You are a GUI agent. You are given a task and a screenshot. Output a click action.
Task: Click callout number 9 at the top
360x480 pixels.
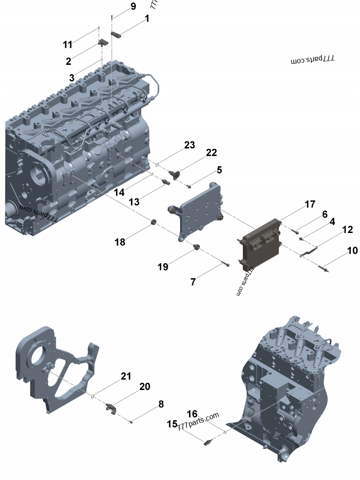[133, 6]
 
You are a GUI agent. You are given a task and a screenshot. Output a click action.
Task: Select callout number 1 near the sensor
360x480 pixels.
[147, 19]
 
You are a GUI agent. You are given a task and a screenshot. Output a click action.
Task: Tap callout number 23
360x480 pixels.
[189, 145]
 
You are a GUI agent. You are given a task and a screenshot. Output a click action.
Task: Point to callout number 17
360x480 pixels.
[310, 205]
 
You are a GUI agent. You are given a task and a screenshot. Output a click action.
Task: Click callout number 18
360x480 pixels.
[120, 242]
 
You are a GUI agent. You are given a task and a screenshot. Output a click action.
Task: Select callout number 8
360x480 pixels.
[161, 404]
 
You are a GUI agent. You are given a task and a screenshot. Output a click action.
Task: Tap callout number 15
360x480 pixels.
[172, 424]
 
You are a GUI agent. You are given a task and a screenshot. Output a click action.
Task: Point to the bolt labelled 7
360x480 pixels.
[225, 265]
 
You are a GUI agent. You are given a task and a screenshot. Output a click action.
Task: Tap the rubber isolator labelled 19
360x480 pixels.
[196, 247]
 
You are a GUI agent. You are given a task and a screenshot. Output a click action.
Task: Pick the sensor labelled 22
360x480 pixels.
[175, 174]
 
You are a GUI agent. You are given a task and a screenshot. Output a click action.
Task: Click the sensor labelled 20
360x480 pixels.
[111, 408]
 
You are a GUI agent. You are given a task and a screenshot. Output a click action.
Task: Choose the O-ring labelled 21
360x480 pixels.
[93, 396]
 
